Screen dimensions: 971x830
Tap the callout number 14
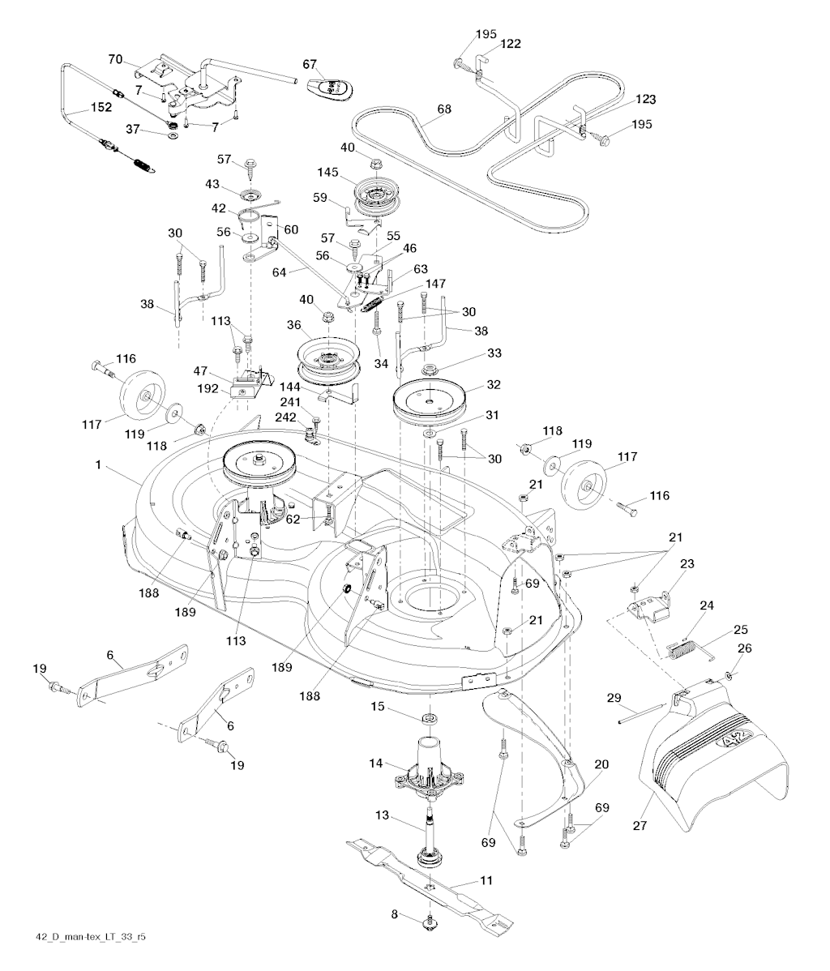(374, 763)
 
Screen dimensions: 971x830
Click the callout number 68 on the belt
(443, 109)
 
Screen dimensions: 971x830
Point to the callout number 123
(645, 100)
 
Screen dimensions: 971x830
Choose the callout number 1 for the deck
(98, 465)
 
